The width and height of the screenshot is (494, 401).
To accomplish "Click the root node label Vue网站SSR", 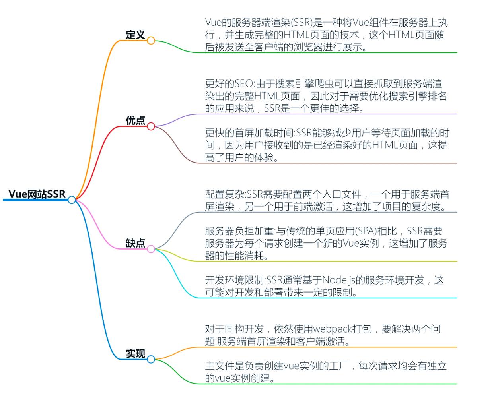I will [37, 194].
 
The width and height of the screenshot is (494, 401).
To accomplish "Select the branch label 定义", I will [135, 35].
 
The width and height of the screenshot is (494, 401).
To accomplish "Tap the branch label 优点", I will [135, 121].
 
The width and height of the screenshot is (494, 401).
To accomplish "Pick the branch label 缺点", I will [135, 243].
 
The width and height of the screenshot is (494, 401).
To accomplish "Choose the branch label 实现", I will [135, 353].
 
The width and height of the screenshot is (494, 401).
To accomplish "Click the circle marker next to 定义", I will [151, 41].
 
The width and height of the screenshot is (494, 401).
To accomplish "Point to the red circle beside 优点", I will [151, 126].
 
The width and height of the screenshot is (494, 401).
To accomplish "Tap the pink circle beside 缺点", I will [151, 249].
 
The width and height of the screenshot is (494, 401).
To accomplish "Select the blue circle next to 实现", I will [151, 359].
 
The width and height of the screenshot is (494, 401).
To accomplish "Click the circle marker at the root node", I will [72, 200].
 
